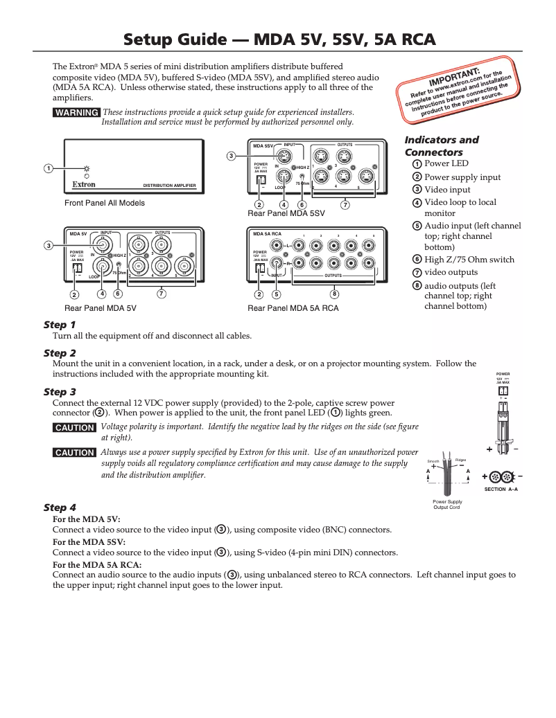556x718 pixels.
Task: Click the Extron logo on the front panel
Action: tap(84, 185)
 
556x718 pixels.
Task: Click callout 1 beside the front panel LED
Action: tap(49, 168)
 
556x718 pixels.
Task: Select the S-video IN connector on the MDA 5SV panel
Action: tap(283, 154)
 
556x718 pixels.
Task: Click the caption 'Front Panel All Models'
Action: tap(105, 204)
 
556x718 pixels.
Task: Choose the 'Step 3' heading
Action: tap(60, 392)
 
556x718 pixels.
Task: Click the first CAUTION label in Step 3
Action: tap(74, 428)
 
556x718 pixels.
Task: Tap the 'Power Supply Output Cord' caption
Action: tap(447, 504)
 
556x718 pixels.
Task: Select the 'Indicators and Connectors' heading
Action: tap(441, 146)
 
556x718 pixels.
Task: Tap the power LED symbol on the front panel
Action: tap(87, 168)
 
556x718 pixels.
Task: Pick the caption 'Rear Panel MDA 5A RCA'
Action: tap(293, 308)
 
